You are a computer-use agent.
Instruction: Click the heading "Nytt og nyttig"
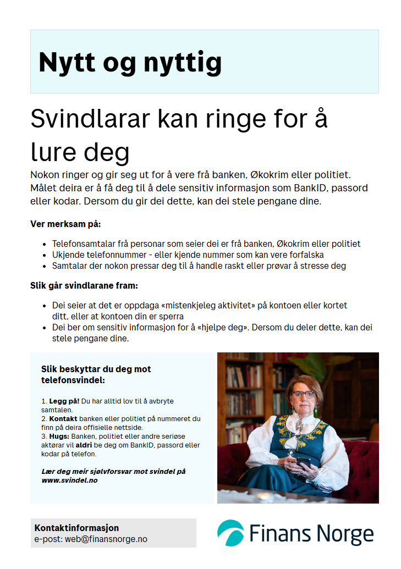[x=130, y=62]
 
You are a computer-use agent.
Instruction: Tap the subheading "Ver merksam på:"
[x=65, y=224]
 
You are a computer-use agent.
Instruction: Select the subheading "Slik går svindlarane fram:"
[x=84, y=286]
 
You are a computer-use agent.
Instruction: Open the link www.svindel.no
[x=70, y=480]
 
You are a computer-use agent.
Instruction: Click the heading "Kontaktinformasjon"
[x=76, y=528]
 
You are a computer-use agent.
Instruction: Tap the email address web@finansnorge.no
[x=106, y=539]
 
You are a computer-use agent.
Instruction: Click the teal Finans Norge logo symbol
[x=230, y=532]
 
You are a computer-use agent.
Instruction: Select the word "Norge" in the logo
[x=345, y=533]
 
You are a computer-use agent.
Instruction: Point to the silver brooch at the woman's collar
[x=300, y=424]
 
